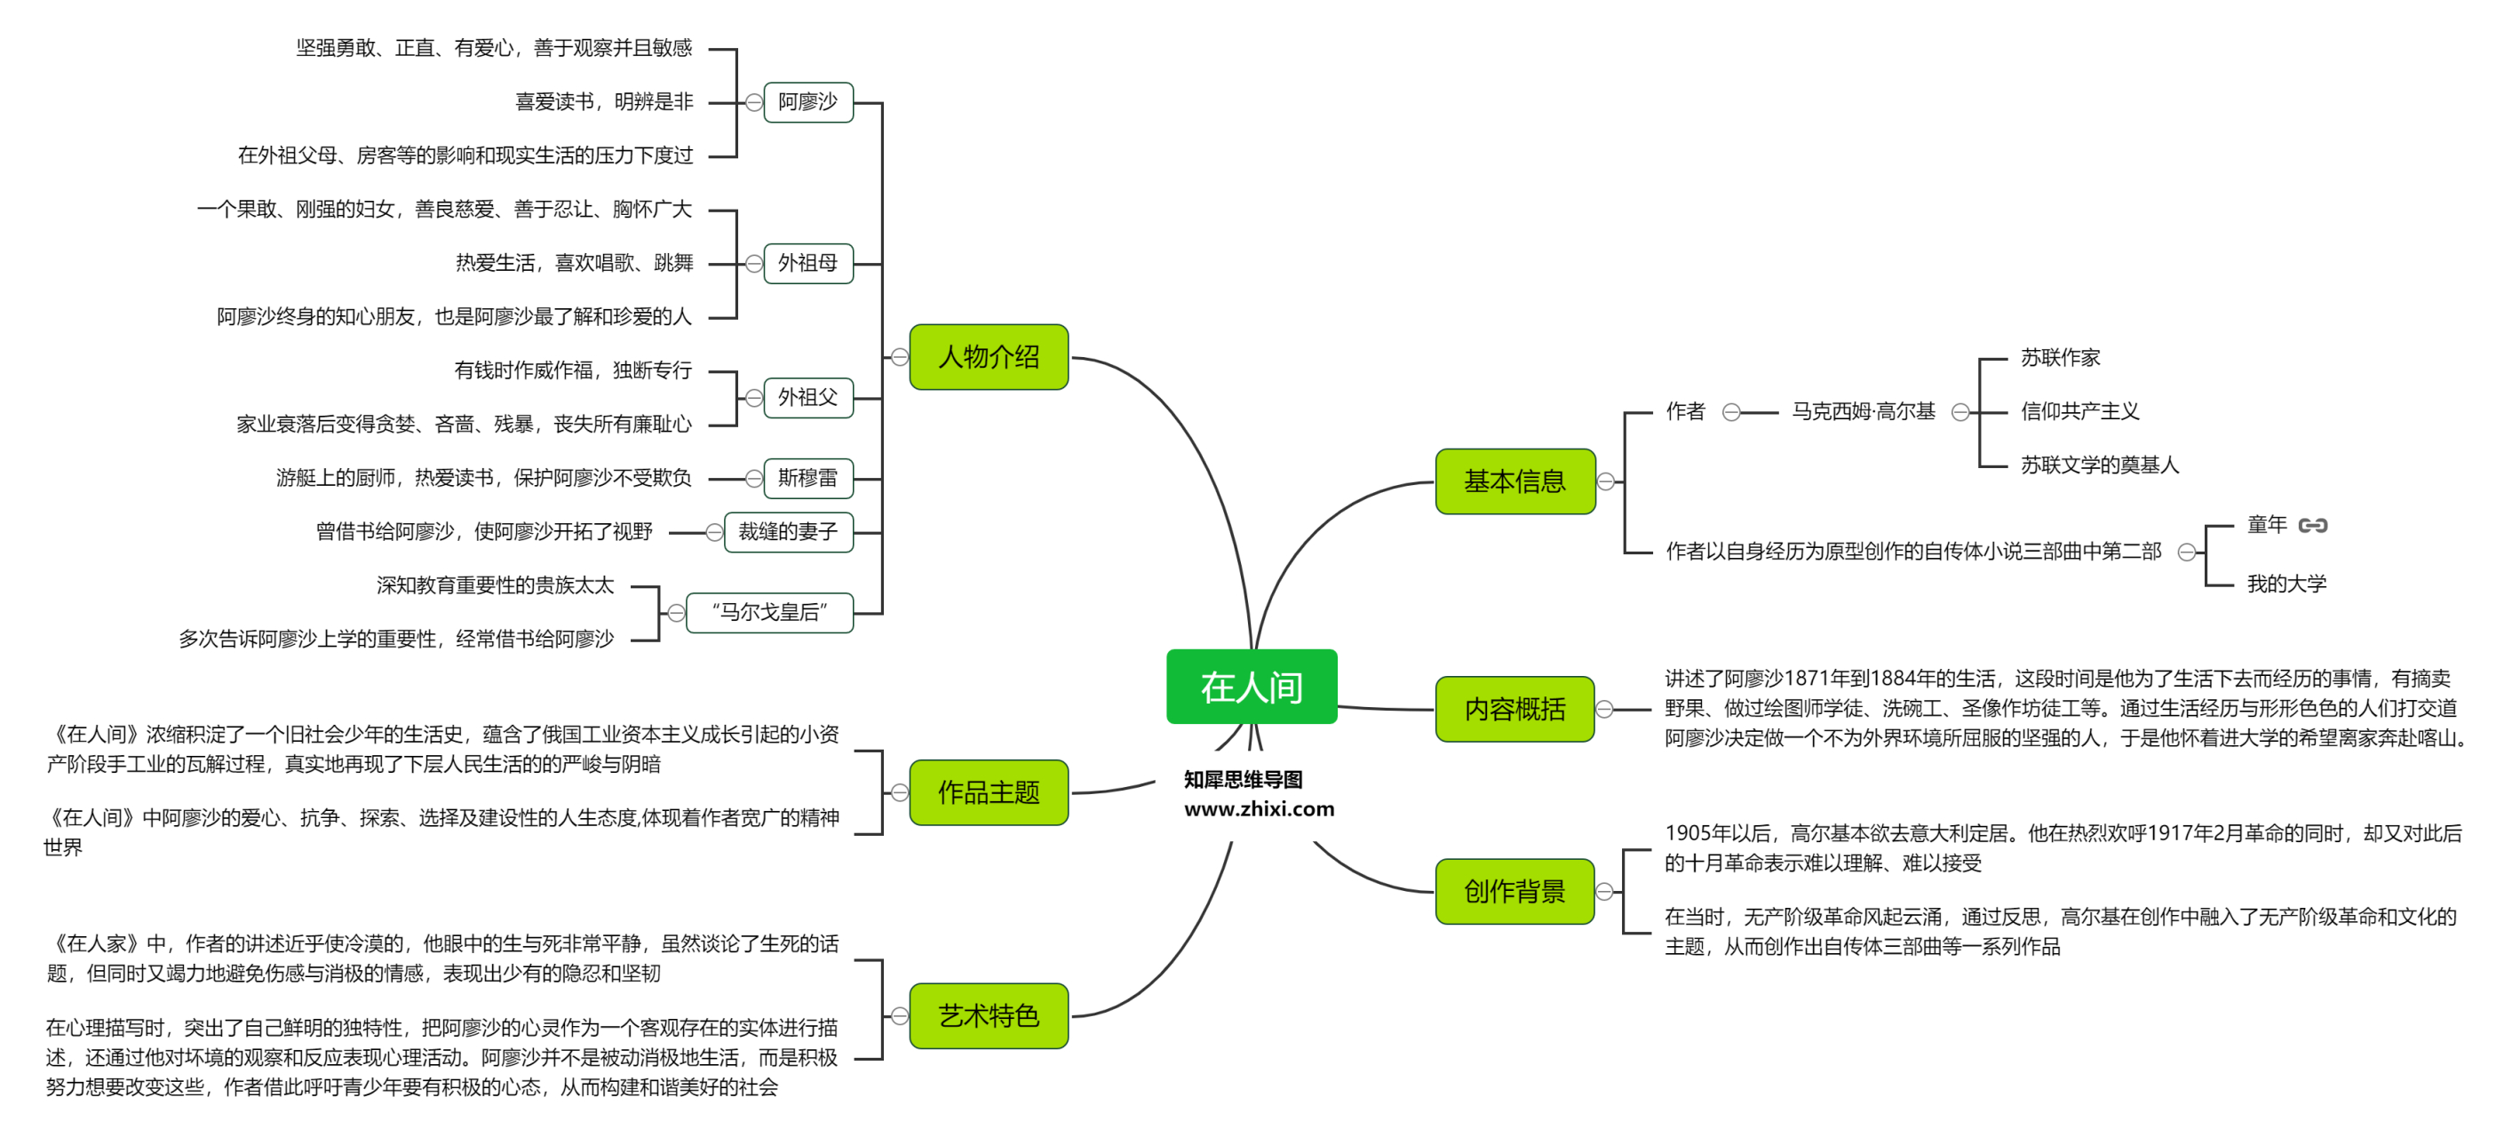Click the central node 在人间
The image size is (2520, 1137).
pos(1252,687)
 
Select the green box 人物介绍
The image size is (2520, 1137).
pos(988,357)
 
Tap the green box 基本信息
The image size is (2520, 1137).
pos(1514,481)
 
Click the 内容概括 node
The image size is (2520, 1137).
pos(1514,710)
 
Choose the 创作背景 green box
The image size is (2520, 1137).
pos(1514,892)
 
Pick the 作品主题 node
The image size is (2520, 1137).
pos(988,792)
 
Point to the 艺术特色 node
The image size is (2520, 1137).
pos(988,1015)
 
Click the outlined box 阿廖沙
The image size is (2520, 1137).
pos(807,102)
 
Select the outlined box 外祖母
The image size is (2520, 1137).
pos(807,263)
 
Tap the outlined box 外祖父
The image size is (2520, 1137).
pos(807,397)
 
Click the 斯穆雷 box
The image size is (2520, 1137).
pos(807,479)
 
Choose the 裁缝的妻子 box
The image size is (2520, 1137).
pos(788,532)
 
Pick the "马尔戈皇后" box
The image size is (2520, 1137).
pos(769,613)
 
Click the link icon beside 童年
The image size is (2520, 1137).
pos(2313,526)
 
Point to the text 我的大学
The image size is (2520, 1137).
pos(2286,584)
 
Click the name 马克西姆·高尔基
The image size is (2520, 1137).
pos(1863,412)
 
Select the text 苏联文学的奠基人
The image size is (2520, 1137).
pos(2099,465)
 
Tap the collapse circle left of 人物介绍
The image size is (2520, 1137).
pos(899,357)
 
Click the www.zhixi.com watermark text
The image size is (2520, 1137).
pos(1258,809)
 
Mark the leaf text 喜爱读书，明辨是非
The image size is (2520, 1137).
pos(604,102)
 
